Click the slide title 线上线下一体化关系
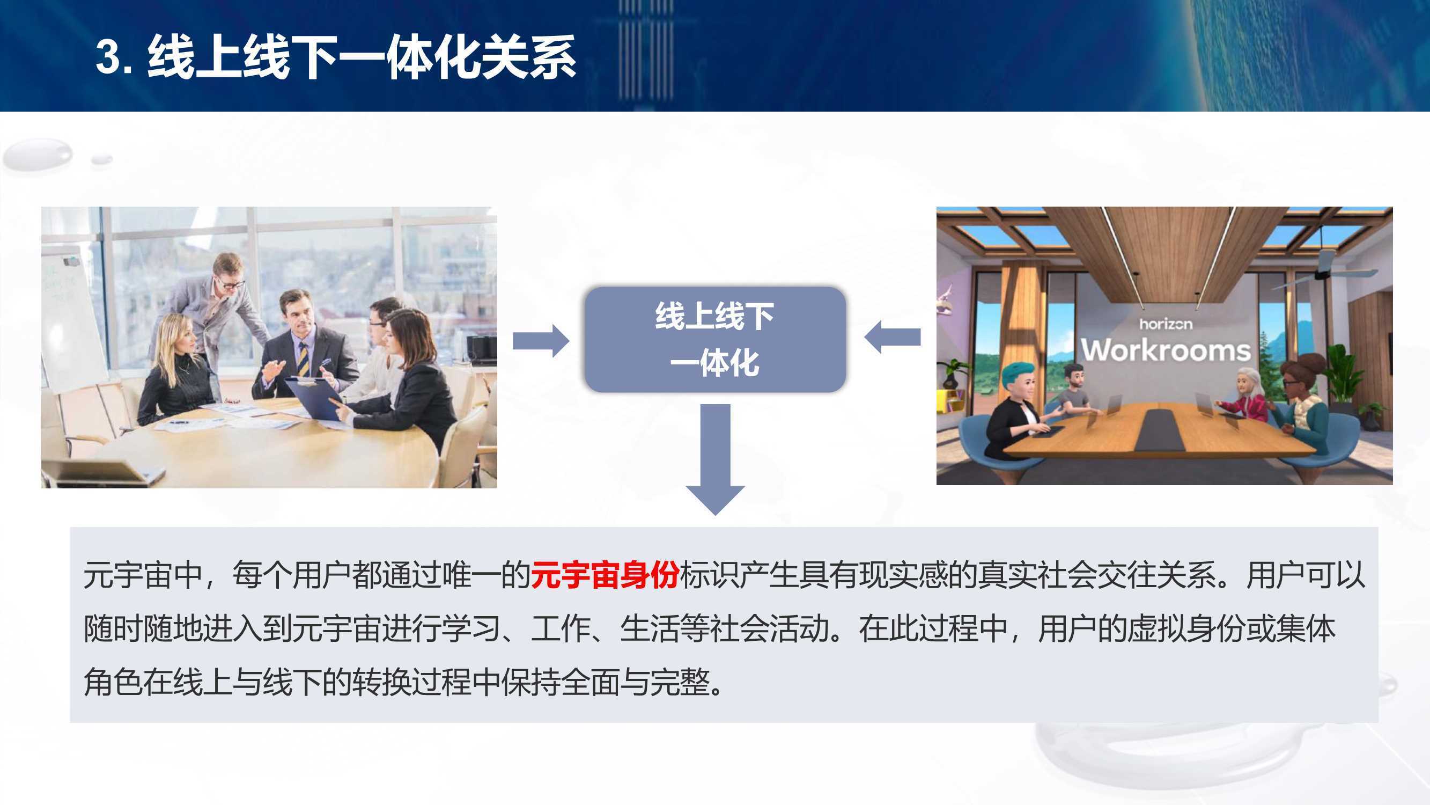[362, 57]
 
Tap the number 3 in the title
[109, 57]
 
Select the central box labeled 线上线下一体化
[715, 340]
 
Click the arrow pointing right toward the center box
[541, 340]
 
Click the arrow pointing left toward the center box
[892, 336]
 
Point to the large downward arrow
[715, 459]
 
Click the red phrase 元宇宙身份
[605, 575]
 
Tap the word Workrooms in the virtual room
[1166, 350]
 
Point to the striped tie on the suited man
[303, 360]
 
